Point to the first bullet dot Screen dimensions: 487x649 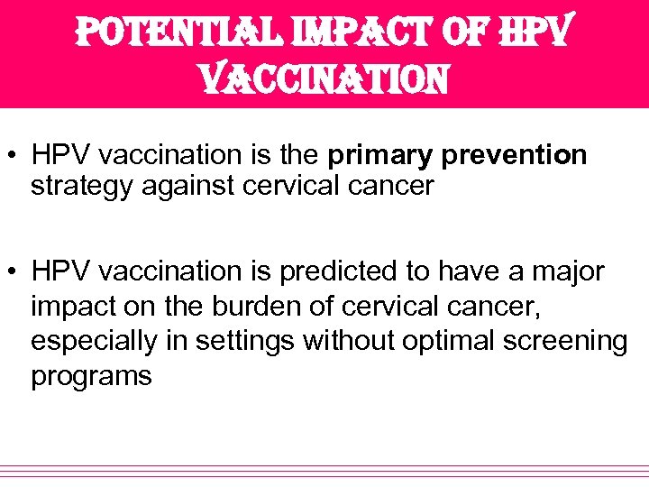coord(16,156)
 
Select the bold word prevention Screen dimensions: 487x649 coord(515,155)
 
